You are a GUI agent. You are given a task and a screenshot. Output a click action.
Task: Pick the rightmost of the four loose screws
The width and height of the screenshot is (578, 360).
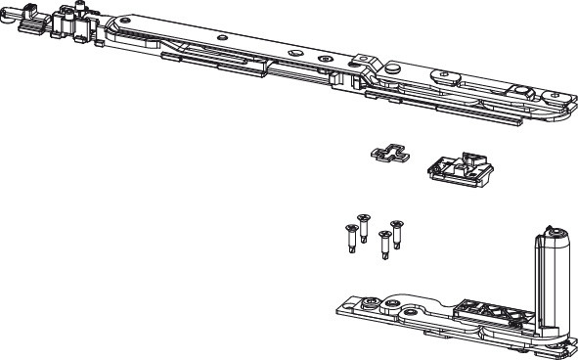coord(397,232)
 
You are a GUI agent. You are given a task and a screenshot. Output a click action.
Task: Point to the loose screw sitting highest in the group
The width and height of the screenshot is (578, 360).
coord(364,222)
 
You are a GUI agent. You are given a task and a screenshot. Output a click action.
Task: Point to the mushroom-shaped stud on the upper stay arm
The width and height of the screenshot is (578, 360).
coord(391,67)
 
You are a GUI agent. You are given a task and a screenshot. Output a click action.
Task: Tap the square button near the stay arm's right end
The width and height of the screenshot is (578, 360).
coord(523,91)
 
